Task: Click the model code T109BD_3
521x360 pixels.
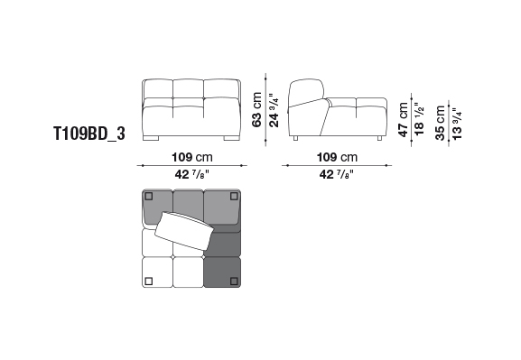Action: click(89, 134)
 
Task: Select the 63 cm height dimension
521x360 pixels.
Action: click(256, 109)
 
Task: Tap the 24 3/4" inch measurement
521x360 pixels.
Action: click(274, 110)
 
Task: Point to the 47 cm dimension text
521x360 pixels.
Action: click(403, 120)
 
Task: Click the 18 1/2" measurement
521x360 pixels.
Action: click(419, 118)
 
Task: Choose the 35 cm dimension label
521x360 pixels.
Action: click(440, 123)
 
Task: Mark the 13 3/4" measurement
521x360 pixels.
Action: click(457, 124)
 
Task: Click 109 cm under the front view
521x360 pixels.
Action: click(192, 157)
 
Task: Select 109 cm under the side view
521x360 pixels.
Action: click(338, 157)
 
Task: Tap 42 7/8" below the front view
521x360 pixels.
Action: click(192, 174)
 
